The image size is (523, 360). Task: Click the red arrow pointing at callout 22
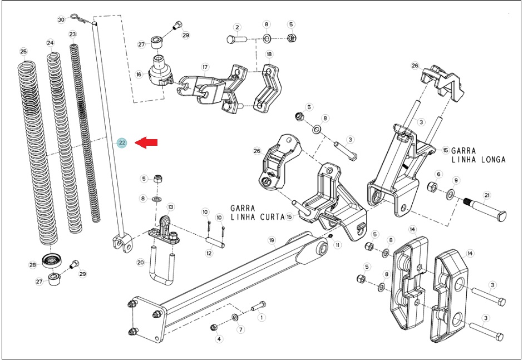[146, 142]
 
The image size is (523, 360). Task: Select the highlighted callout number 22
[122, 143]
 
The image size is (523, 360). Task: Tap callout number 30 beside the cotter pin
[61, 19]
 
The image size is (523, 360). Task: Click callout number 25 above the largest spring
[23, 51]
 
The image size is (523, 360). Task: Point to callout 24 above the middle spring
[50, 43]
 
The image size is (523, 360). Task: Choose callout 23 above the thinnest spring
[72, 34]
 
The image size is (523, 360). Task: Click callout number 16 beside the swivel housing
[139, 75]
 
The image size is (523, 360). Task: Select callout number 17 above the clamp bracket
[205, 67]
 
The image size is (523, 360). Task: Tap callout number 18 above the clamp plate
[269, 54]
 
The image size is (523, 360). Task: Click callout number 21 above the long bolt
[487, 195]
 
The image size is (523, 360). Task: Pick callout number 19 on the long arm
[272, 240]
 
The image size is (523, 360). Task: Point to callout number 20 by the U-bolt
[140, 263]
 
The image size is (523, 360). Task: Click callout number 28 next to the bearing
[32, 265]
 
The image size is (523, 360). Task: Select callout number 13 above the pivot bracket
[170, 207]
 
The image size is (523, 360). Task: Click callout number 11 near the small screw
[338, 245]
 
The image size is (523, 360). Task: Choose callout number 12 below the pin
[209, 253]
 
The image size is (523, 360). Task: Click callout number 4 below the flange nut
[219, 339]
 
